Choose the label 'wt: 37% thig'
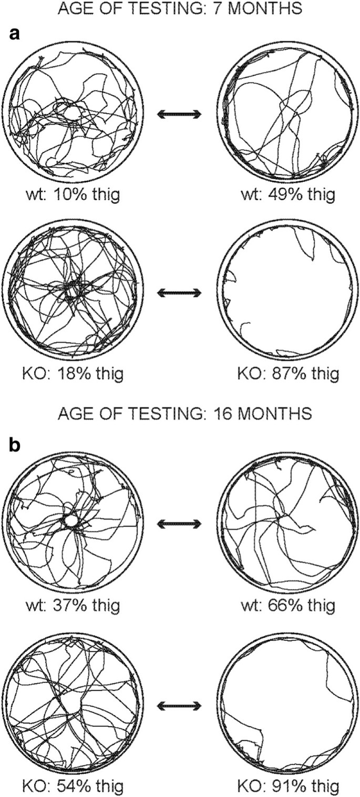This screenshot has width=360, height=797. (74, 605)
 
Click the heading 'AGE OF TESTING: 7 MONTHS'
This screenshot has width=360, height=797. (180, 9)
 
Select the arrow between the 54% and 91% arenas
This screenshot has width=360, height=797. (179, 703)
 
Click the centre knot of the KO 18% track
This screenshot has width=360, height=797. (72, 289)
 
